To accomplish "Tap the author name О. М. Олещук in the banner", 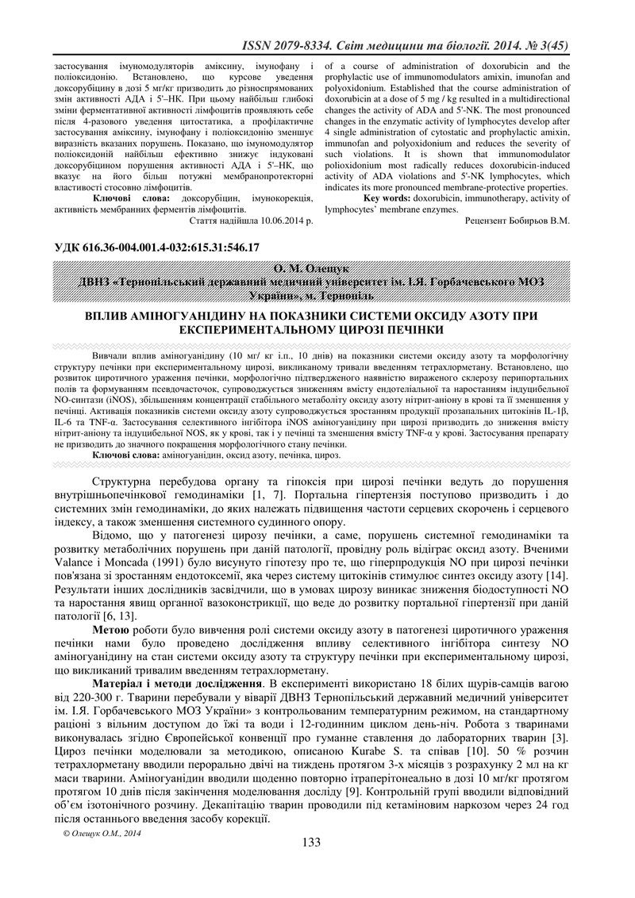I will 316,269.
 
